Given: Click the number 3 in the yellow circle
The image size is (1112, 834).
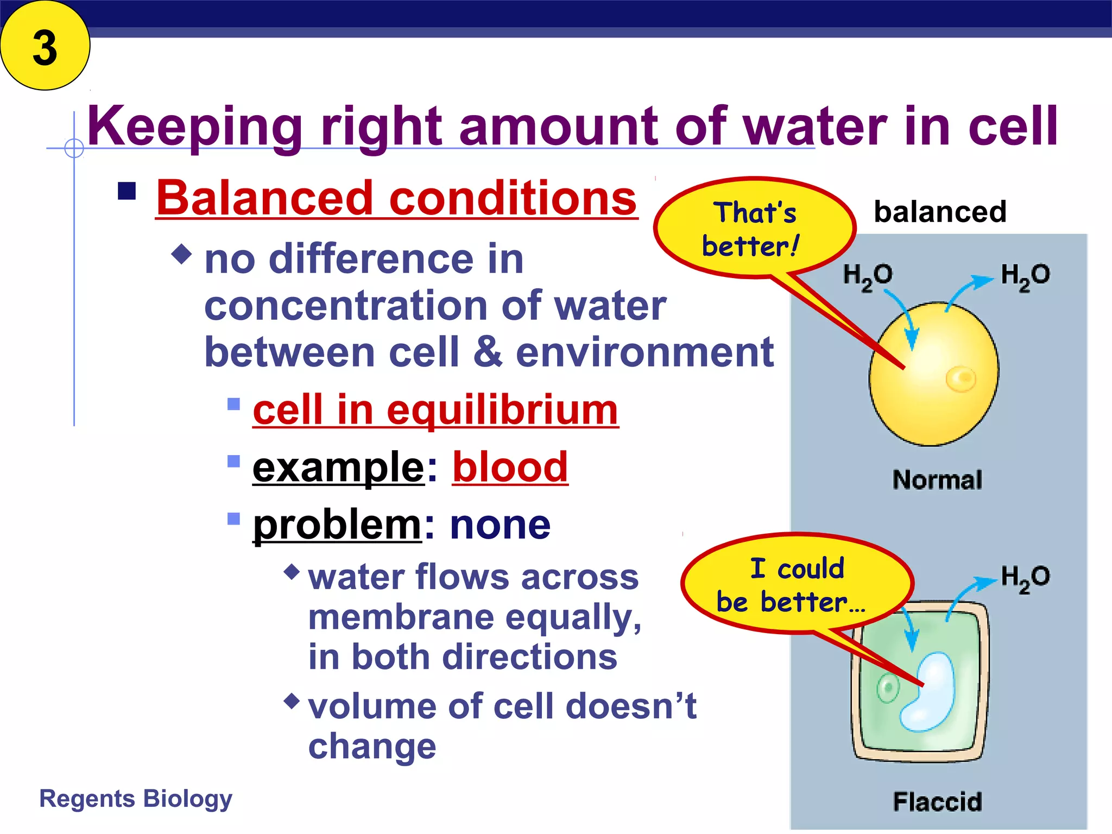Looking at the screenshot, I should (x=45, y=48).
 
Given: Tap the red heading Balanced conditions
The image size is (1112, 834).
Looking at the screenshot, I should (x=396, y=198).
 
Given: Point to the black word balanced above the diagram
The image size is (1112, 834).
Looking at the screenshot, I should (x=940, y=211).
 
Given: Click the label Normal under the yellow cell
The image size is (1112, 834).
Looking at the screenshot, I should (x=937, y=480).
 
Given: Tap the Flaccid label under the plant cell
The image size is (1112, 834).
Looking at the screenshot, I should (x=937, y=801).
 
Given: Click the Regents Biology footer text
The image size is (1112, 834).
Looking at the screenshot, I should (x=136, y=799).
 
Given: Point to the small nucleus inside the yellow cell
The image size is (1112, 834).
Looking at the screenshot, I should (x=961, y=378).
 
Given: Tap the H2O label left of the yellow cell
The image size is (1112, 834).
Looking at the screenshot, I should (x=867, y=276).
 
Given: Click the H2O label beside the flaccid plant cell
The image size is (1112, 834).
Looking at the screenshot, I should (x=1025, y=578).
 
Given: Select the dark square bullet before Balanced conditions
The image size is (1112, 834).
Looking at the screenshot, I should (x=127, y=191).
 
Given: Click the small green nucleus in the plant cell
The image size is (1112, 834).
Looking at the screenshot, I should (x=888, y=688).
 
